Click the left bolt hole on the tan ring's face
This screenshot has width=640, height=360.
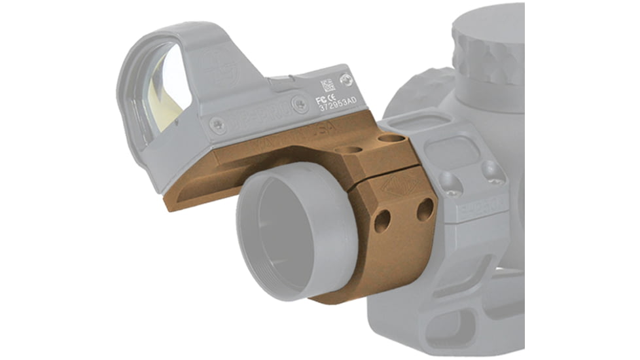pos(382,221)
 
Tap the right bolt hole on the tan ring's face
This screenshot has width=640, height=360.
pos(424,209)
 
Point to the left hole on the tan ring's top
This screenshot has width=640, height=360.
pos(352,150)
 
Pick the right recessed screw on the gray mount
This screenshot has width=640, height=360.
pos(494,171)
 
